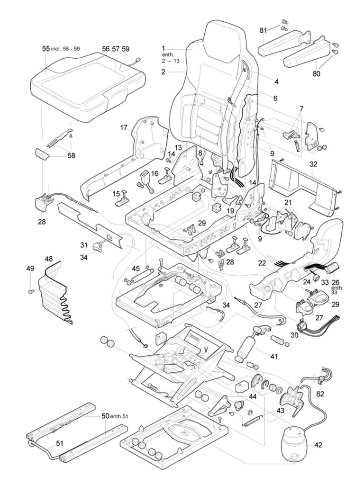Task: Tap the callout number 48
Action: (49, 259)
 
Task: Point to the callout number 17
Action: (124, 127)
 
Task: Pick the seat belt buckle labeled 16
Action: (145, 180)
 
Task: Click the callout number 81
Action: (263, 30)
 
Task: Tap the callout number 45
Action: (135, 269)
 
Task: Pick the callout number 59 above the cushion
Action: (126, 49)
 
